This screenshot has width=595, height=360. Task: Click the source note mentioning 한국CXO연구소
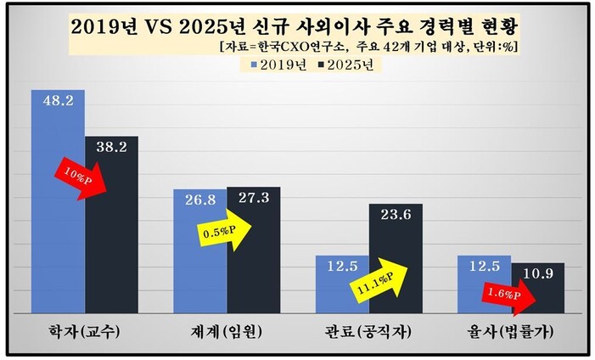pyautogui.click(x=368, y=46)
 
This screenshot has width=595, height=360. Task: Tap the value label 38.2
pyautogui.click(x=111, y=146)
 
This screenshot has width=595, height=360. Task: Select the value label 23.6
pyautogui.click(x=395, y=214)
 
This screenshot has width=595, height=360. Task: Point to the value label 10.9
pyautogui.click(x=537, y=273)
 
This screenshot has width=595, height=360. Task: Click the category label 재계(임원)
pyautogui.click(x=225, y=333)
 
